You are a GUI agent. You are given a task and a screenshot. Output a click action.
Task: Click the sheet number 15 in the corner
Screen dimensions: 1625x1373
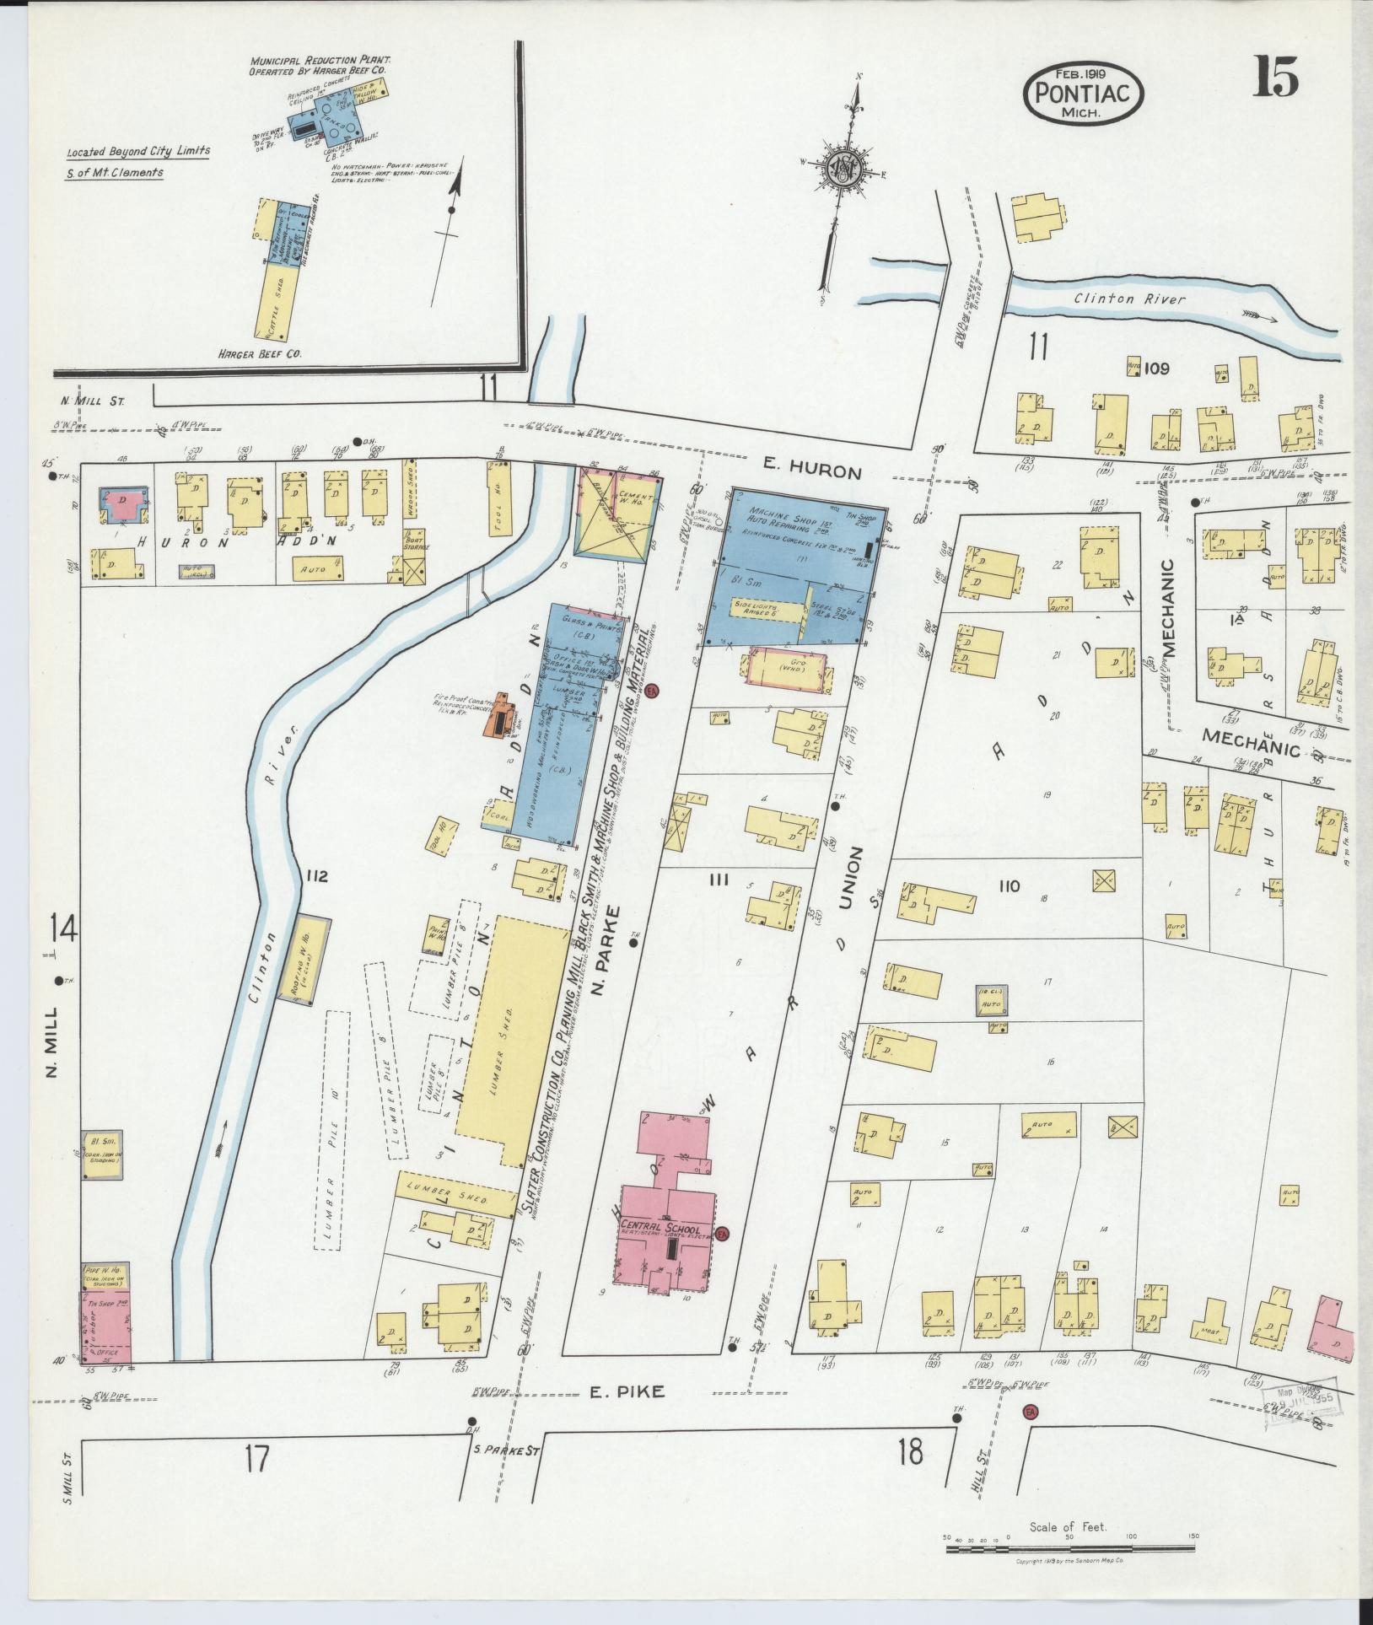(1274, 78)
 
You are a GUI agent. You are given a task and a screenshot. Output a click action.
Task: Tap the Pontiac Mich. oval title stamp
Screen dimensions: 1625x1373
(1084, 93)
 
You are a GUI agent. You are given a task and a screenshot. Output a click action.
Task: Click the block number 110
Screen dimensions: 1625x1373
(1009, 885)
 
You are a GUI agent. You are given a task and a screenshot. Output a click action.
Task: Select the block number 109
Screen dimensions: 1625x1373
(1157, 369)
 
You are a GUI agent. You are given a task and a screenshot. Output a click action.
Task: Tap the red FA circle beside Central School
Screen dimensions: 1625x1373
(722, 1234)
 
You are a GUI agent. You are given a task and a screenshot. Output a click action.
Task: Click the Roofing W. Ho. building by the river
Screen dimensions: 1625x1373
(308, 961)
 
